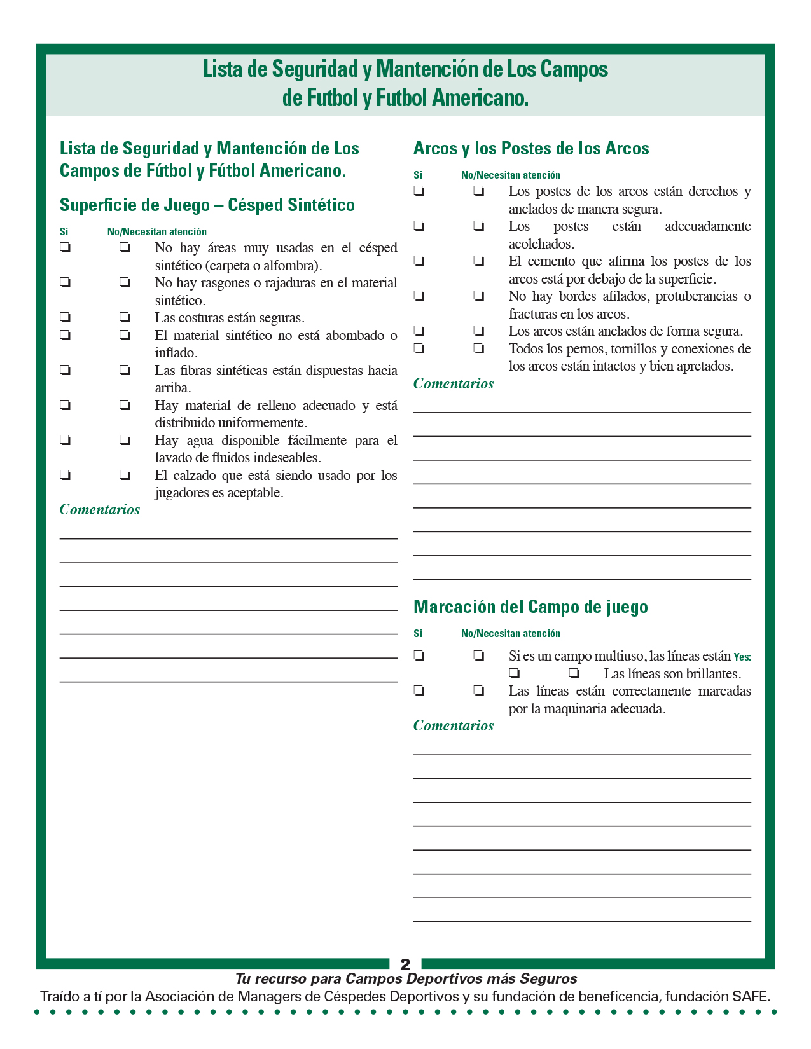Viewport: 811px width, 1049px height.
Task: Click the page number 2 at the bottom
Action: (405, 964)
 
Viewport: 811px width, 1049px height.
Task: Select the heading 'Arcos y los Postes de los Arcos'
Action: (531, 149)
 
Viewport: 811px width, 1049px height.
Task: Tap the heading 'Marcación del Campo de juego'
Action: (530, 607)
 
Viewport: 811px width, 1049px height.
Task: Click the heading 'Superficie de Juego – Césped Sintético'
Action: (207, 205)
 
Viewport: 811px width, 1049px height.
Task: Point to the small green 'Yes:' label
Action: (742, 657)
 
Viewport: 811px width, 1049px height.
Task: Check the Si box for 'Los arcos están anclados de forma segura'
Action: (419, 330)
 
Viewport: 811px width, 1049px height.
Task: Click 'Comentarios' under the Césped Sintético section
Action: (100, 509)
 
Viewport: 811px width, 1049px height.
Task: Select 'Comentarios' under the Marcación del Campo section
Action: (454, 725)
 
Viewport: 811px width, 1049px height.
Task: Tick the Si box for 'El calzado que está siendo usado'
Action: (65, 474)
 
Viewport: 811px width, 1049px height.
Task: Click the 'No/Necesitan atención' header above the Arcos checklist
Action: (511, 175)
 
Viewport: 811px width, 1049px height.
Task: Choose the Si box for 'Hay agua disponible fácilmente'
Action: (65, 439)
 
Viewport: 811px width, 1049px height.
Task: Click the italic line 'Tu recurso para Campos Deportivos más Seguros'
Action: (406, 978)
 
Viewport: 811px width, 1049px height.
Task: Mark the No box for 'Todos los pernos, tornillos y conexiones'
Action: (478, 348)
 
